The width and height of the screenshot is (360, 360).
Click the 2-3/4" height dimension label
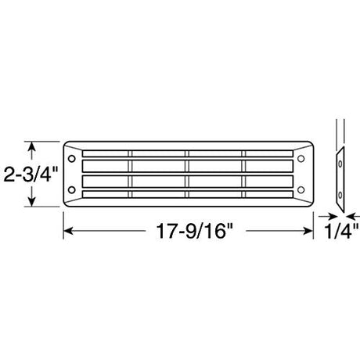click(31, 175)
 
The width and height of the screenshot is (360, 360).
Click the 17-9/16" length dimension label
click(194, 231)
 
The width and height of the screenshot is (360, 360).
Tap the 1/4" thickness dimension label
click(341, 231)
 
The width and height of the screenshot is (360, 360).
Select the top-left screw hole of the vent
click(71, 159)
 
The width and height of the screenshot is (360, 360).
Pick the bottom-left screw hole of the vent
click(71, 190)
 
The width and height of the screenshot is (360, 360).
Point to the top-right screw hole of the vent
click(301, 159)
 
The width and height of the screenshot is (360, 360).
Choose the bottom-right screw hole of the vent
click(301, 190)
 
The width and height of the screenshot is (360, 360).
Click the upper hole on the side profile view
click(340, 164)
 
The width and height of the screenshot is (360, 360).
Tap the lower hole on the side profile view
click(340, 195)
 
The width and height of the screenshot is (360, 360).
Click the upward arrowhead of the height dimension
click(31, 146)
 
